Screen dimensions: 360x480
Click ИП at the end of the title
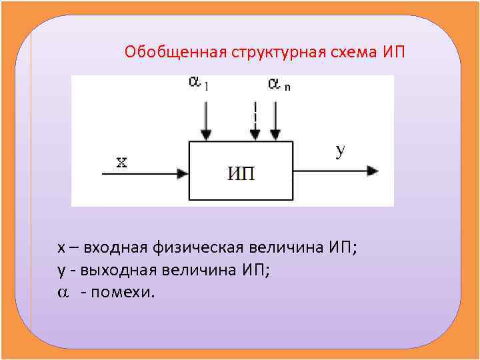(394, 52)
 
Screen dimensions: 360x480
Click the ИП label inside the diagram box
(241, 174)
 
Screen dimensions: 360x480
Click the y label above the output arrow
(340, 151)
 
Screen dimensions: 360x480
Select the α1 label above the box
(199, 83)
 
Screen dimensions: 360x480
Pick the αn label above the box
(279, 84)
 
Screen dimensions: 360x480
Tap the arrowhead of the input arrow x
(183, 173)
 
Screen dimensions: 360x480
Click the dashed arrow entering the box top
(255, 120)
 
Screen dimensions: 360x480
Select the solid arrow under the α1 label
(207, 120)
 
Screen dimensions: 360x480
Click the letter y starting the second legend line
(61, 271)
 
